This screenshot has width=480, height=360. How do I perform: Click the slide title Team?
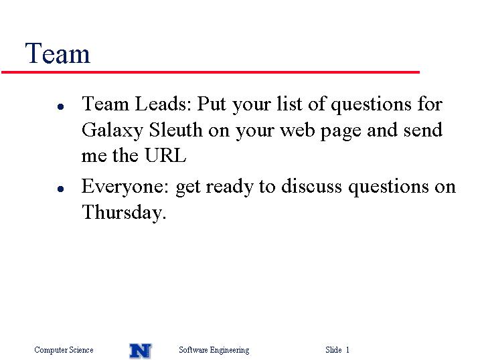point(58,54)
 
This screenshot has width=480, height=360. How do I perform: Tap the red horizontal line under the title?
point(210,72)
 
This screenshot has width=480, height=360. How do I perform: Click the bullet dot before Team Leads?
point(61,106)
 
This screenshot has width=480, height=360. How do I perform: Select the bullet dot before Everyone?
point(61,189)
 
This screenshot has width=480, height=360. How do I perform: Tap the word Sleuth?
point(175,130)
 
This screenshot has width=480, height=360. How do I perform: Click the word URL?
point(165,155)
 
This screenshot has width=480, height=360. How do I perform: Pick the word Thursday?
point(124,212)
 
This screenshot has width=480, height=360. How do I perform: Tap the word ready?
point(230,187)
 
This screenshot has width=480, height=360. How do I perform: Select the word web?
point(298,130)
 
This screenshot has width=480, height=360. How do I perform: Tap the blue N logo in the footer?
point(141,351)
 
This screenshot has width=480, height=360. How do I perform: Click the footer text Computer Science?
point(64,350)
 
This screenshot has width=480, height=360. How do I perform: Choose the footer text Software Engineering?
point(214,350)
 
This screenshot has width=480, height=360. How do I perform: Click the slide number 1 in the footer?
point(347,349)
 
